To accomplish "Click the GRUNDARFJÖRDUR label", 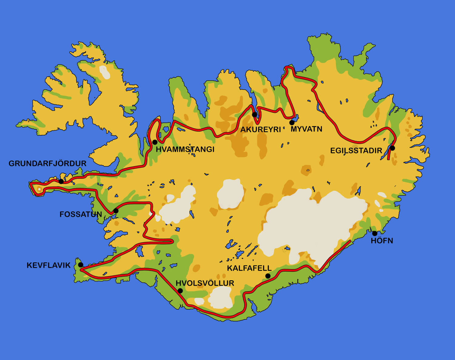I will (x=47, y=164).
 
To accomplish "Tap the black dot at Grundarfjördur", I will (x=61, y=182).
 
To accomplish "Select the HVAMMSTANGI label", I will (x=185, y=149).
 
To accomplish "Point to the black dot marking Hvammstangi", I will (x=155, y=142).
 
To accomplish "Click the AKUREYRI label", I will (x=261, y=130).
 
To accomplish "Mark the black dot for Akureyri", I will (x=254, y=115).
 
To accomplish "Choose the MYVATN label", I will (x=306, y=129).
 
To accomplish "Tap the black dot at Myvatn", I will (x=292, y=123).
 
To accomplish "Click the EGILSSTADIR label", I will (x=356, y=151).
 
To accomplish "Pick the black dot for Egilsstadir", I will (x=393, y=148).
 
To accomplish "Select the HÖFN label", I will (x=382, y=241).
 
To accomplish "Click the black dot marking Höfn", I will (x=375, y=233).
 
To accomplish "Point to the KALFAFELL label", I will (x=249, y=268).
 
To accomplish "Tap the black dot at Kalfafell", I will (x=268, y=276).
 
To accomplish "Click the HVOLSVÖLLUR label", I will (x=205, y=283).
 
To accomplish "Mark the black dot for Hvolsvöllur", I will (x=180, y=291).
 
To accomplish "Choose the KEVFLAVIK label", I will (x=49, y=265).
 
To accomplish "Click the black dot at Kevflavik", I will (x=81, y=265).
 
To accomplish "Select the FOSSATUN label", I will (x=81, y=215).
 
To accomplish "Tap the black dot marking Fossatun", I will (x=116, y=211).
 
